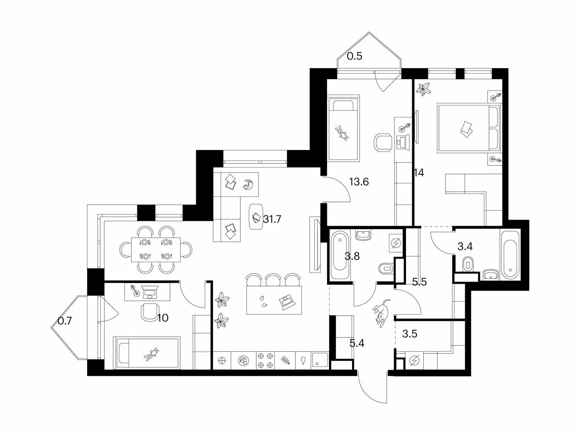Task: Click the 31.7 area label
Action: click(x=272, y=219)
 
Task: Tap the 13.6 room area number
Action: click(x=359, y=182)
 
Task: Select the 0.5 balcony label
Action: click(x=354, y=56)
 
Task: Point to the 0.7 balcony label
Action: click(x=65, y=321)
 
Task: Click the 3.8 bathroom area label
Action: click(x=352, y=256)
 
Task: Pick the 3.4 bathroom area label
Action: click(x=465, y=246)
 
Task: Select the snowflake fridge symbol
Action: click(x=221, y=361)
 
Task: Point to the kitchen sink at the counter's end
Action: click(x=320, y=360)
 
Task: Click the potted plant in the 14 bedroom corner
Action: click(x=423, y=89)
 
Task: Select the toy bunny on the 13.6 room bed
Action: click(x=342, y=133)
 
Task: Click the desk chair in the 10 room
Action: click(x=150, y=311)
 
